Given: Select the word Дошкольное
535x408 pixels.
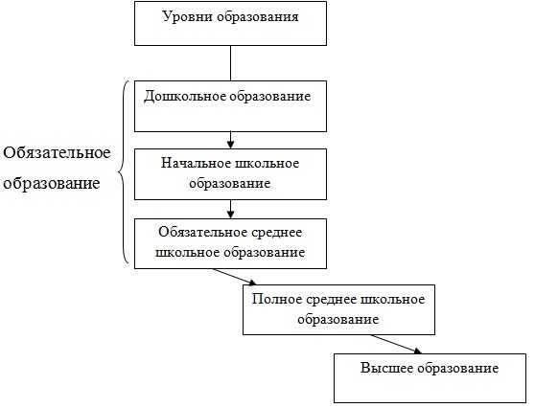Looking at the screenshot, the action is click(184, 96).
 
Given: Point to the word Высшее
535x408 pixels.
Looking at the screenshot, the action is click(386, 368).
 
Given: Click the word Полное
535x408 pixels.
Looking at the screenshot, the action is click(277, 299).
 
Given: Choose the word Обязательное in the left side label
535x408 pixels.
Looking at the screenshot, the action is click(57, 152).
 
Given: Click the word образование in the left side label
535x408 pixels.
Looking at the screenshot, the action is click(52, 183).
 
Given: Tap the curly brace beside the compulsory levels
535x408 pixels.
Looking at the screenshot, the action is click(122, 172).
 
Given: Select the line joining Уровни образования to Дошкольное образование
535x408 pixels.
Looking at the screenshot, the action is click(231, 63).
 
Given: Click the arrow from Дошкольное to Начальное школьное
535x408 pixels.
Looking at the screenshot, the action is click(231, 140).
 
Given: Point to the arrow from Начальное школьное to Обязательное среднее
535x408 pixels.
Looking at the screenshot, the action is click(231, 209).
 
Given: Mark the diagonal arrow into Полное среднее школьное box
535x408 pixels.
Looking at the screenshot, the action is click(234, 277).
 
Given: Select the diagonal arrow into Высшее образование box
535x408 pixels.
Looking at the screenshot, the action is click(396, 344).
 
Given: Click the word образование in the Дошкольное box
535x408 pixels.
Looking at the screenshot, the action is click(269, 96).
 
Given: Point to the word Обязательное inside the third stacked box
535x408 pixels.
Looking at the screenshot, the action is click(202, 233).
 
